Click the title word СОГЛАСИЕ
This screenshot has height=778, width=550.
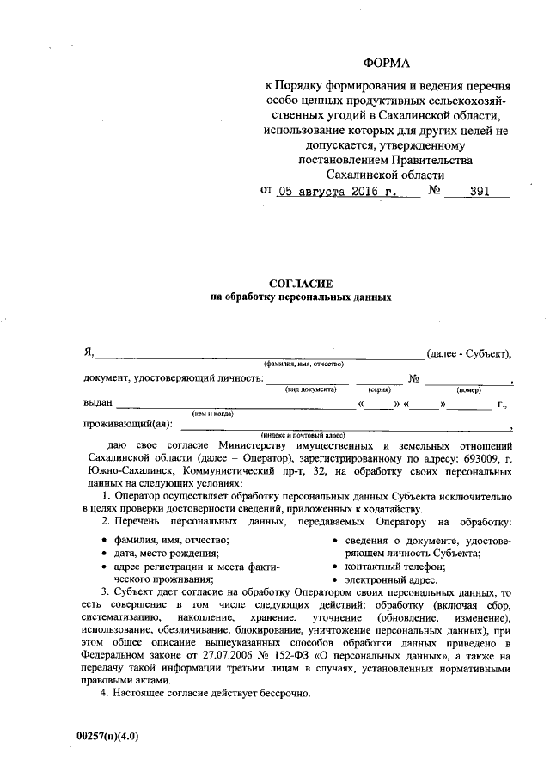coord(301,283)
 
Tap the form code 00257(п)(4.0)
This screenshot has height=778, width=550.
coord(107,736)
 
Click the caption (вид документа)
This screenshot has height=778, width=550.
coord(310,389)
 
